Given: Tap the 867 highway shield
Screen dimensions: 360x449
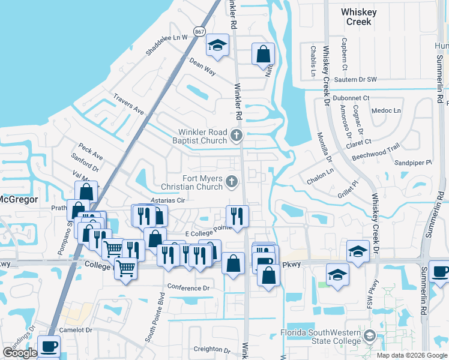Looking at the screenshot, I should (x=199, y=31).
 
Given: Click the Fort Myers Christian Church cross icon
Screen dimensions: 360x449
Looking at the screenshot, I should (x=231, y=181).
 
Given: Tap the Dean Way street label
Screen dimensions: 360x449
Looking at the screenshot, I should (x=202, y=66).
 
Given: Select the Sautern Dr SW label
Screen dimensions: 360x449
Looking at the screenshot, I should (x=355, y=80).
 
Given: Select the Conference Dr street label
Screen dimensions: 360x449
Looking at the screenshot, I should (x=188, y=288).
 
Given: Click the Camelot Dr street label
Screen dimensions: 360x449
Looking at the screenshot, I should (x=76, y=330).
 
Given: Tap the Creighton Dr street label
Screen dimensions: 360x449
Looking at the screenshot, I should (x=212, y=350).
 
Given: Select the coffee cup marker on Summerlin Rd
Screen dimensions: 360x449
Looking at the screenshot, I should (x=439, y=271).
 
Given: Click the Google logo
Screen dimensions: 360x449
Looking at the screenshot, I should (x=20, y=353).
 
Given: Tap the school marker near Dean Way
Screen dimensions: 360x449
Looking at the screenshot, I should (x=217, y=46).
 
